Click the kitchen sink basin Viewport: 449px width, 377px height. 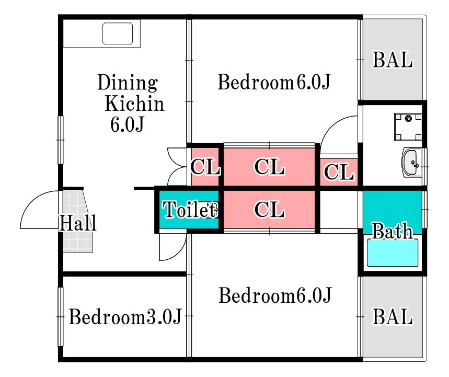coord(118,33)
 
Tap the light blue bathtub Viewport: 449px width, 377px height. coord(393,253)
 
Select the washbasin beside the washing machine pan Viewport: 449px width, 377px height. coord(411,163)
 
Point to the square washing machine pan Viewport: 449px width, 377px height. coord(408,127)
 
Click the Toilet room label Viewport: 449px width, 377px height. coord(190,209)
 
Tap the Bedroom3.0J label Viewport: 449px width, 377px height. coord(125,316)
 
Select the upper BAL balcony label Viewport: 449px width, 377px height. coord(393,60)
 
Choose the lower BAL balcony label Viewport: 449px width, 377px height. coord(393,316)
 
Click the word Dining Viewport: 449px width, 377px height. coord(128,83)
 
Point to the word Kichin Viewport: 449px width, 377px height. coord(134,103)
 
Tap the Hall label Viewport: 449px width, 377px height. coord(77,223)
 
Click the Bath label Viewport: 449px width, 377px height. coord(392,231)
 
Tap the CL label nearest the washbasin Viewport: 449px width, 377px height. coord(339,172)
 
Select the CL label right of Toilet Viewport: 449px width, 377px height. coord(270,210)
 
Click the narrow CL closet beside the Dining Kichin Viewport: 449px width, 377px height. coord(205,166)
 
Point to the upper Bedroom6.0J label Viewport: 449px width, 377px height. coord(274,82)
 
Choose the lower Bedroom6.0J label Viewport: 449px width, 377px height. coord(275,295)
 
